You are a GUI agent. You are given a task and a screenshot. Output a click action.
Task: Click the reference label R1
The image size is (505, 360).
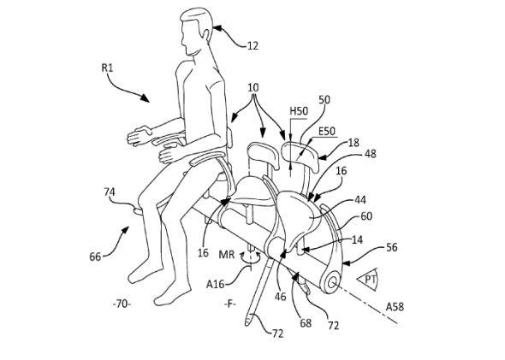coord(107,68)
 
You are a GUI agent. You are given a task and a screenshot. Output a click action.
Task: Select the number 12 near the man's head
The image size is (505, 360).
coord(253,46)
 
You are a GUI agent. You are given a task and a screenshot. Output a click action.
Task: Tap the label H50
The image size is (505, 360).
coord(299,111)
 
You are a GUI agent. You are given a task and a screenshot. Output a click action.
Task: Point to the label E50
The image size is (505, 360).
coord(327,132)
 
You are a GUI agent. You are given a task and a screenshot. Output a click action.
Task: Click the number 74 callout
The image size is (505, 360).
coord(110,192)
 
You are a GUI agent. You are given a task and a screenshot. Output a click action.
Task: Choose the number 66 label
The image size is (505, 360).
coord(95,257)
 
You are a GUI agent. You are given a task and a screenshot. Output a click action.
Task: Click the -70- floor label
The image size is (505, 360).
coord(122,304)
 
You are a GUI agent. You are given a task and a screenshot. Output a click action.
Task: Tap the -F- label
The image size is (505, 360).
coord(229,304)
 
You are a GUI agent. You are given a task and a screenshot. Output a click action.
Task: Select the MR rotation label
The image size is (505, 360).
coord(227,255)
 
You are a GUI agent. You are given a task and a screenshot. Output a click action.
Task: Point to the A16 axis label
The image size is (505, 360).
coord(215,284)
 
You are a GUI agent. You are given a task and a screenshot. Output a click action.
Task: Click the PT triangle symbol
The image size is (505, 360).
coord(368,280)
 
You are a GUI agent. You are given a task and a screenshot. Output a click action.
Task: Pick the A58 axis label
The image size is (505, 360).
coord(395,307)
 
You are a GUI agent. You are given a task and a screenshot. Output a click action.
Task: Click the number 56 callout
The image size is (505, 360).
coord(392,247)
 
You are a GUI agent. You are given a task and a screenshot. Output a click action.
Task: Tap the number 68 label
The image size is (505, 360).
coord(306,322)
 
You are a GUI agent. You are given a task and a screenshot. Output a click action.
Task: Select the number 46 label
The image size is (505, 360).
coord(281,297)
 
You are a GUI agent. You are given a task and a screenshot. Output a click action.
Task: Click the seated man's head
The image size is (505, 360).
coord(196,31)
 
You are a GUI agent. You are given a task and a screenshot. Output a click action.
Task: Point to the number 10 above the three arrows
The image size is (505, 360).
coord(253,87)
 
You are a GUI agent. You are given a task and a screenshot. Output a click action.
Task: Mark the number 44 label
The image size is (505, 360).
coord(360,200)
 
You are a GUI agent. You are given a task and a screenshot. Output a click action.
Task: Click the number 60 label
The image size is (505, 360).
coord(366,215)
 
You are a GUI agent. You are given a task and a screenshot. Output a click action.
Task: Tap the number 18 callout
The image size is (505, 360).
coord(353,143)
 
